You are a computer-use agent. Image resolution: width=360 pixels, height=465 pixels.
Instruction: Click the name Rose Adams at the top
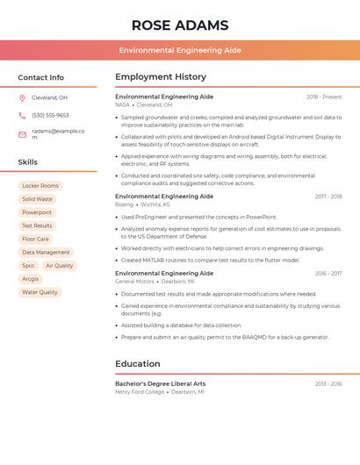tap(179, 25)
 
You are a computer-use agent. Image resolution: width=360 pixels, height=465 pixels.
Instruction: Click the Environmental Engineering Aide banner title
tap(180, 50)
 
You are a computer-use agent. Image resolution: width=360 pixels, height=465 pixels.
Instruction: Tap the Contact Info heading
tap(41, 77)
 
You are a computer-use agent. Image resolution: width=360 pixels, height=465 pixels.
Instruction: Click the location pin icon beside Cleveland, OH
tap(22, 97)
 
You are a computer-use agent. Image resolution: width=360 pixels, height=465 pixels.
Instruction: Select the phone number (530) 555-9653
tap(50, 115)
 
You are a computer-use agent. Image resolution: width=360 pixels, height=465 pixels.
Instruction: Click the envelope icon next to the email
tap(22, 134)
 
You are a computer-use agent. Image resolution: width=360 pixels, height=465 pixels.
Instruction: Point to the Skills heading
tap(28, 162)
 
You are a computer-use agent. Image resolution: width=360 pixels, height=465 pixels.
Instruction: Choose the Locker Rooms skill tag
tap(40, 186)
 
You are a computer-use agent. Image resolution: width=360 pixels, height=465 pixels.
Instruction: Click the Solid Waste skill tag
tap(37, 199)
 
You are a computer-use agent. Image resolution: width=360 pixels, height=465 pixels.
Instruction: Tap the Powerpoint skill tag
tap(37, 212)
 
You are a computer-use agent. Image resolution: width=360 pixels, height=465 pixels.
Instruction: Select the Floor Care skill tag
tap(35, 239)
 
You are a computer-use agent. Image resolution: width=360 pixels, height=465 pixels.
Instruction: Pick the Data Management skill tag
tap(46, 252)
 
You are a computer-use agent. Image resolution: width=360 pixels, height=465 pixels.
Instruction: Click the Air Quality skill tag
tap(60, 265)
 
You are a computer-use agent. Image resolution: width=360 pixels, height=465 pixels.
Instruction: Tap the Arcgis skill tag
tap(31, 279)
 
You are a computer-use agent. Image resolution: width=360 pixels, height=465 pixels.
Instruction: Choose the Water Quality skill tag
tap(40, 292)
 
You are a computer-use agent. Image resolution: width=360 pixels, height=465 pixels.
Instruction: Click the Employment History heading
tap(161, 77)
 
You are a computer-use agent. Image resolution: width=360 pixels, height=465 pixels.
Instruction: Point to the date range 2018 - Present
tap(324, 97)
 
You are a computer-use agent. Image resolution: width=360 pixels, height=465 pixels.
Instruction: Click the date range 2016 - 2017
tap(328, 273)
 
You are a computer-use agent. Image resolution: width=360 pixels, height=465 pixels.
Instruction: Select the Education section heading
tap(138, 364)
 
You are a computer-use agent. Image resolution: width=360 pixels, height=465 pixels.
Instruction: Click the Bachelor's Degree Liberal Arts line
tap(161, 383)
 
